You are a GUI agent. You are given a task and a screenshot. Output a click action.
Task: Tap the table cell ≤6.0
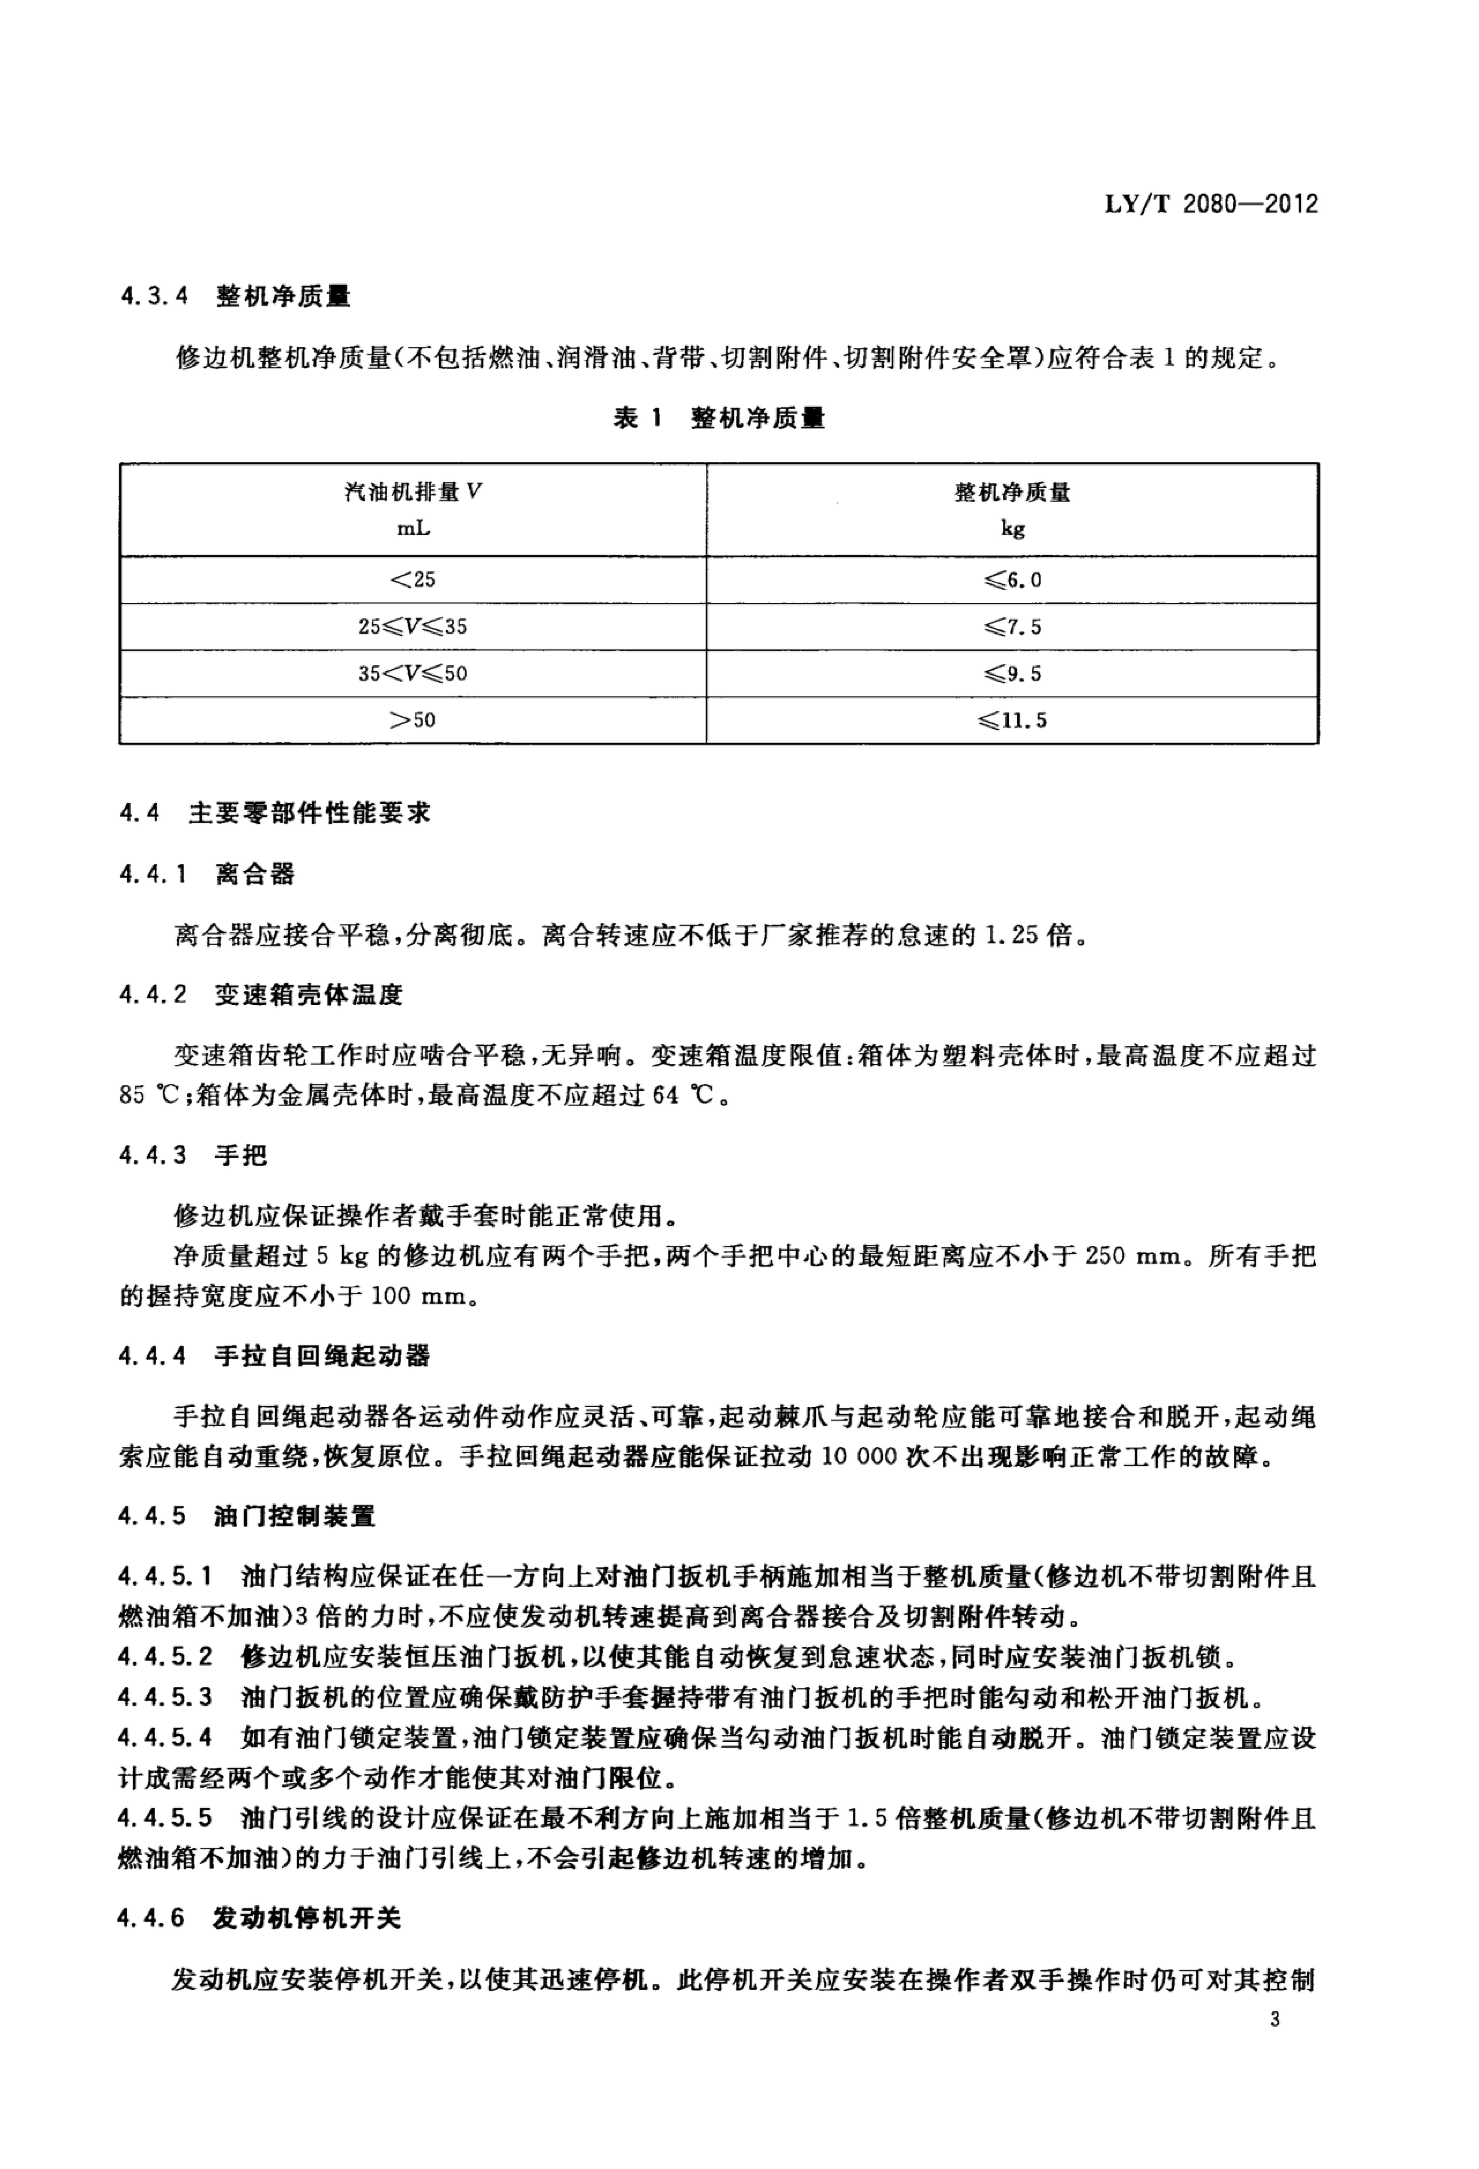point(1012,580)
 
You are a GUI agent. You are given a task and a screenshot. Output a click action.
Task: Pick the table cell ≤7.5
point(1012,627)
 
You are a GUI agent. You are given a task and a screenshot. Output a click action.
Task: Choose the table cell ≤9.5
point(1012,674)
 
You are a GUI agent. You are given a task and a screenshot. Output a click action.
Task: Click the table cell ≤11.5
point(1012,720)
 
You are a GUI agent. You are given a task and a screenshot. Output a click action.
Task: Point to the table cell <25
point(413,580)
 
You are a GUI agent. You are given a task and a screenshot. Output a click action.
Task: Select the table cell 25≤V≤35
point(413,627)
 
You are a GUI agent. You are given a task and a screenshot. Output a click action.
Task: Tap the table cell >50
point(413,720)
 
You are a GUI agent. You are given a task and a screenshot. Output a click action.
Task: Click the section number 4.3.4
point(154,297)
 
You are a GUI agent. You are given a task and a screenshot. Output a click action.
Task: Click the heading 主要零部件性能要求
point(310,813)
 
